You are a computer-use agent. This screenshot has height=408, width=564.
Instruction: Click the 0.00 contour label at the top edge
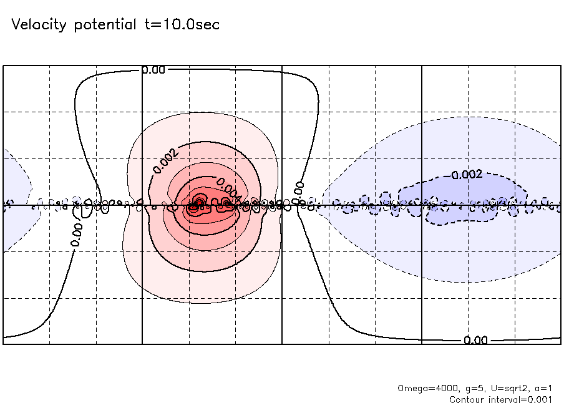click(153, 70)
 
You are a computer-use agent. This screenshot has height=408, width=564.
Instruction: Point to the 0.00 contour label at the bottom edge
click(475, 340)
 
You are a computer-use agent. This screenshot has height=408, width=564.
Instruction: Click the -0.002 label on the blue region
click(466, 175)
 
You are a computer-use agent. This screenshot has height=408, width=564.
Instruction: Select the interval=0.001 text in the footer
click(522, 399)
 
